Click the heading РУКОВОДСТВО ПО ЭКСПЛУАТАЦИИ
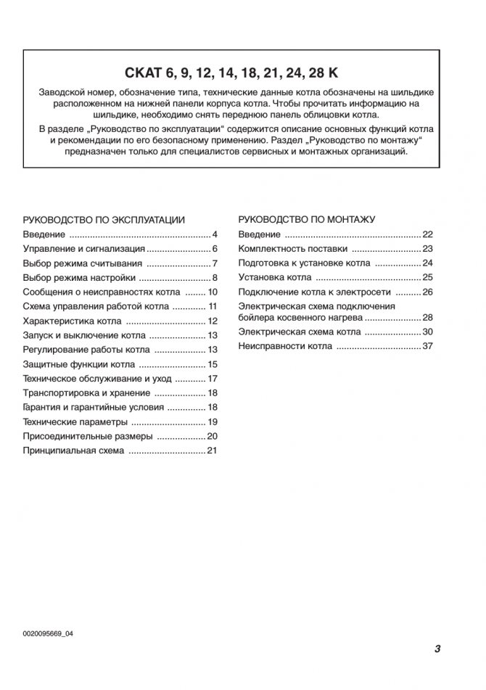tap(104, 218)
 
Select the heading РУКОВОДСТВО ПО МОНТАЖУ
tap(307, 218)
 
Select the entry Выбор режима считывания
tap(82, 263)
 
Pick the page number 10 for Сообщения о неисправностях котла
tap(213, 292)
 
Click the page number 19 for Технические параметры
tap(213, 422)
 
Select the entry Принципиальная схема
tap(73, 451)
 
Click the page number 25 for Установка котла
tap(427, 277)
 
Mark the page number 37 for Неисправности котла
tap(427, 346)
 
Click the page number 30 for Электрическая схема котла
tap(427, 332)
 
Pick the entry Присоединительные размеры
tap(87, 436)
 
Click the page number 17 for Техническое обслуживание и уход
tap(213, 379)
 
